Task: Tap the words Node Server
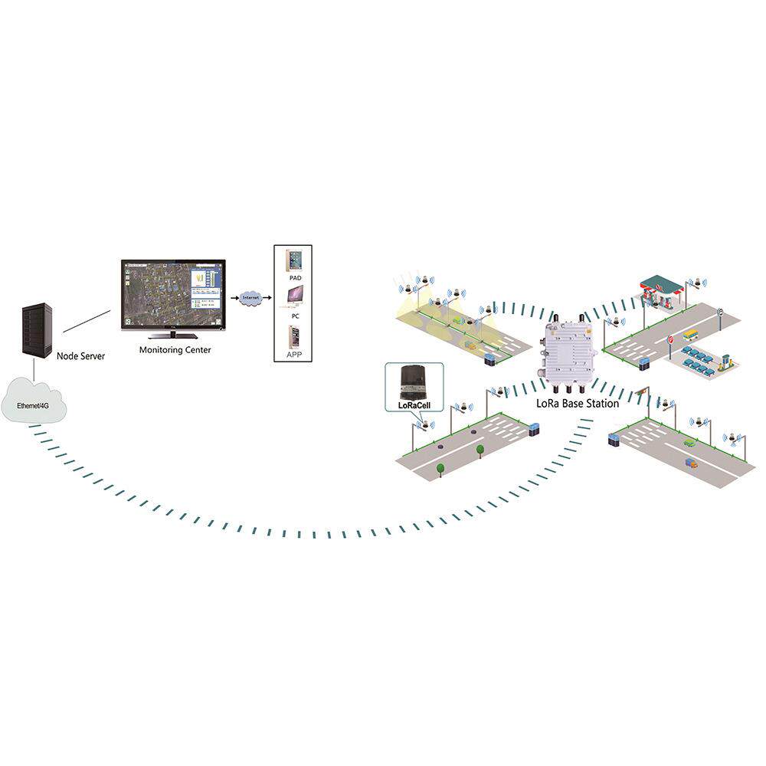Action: tap(80, 356)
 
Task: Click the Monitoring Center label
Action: tap(175, 350)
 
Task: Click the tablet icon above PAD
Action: tap(294, 260)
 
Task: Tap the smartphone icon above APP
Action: tap(294, 337)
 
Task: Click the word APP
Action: tap(295, 355)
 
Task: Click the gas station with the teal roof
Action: tap(661, 289)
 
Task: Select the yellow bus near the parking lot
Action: tap(691, 334)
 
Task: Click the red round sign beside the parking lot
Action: tap(671, 340)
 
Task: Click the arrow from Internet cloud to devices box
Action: tap(267, 297)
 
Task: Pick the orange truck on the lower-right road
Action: tap(692, 463)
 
